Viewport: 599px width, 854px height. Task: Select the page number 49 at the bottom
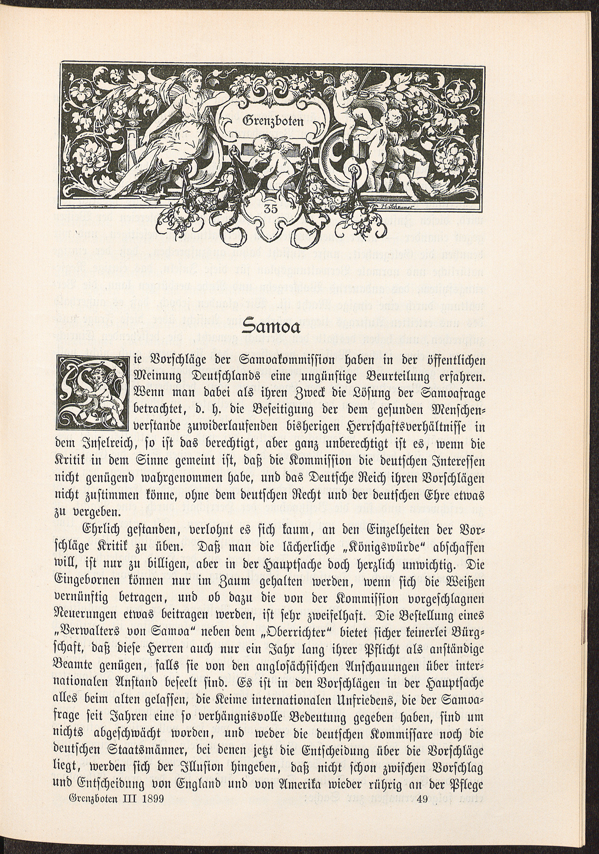[x=424, y=839]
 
